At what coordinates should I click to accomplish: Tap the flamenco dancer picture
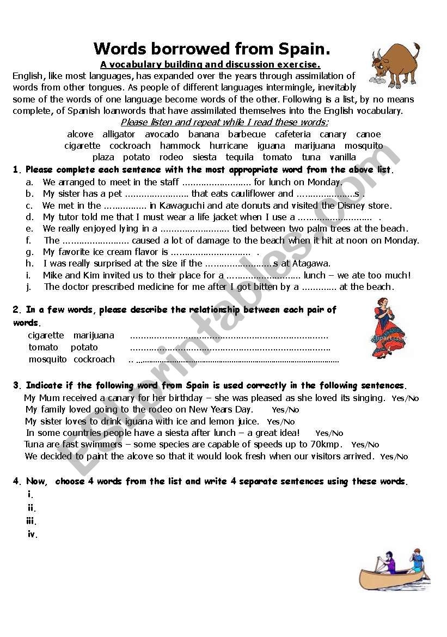[390, 327]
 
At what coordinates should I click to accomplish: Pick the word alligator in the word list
[119, 134]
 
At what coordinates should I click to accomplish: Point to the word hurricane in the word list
[229, 145]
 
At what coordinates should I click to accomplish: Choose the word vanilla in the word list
[342, 157]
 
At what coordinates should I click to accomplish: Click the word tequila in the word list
[240, 157]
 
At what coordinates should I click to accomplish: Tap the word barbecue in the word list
[247, 134]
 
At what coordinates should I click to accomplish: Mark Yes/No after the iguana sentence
[281, 422]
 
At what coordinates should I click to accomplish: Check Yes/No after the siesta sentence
[329, 433]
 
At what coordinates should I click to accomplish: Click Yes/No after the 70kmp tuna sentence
[365, 445]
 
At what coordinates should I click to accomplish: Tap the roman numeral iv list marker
[33, 535]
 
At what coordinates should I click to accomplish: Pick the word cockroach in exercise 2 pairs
[94, 359]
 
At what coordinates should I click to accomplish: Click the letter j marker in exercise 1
[28, 287]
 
